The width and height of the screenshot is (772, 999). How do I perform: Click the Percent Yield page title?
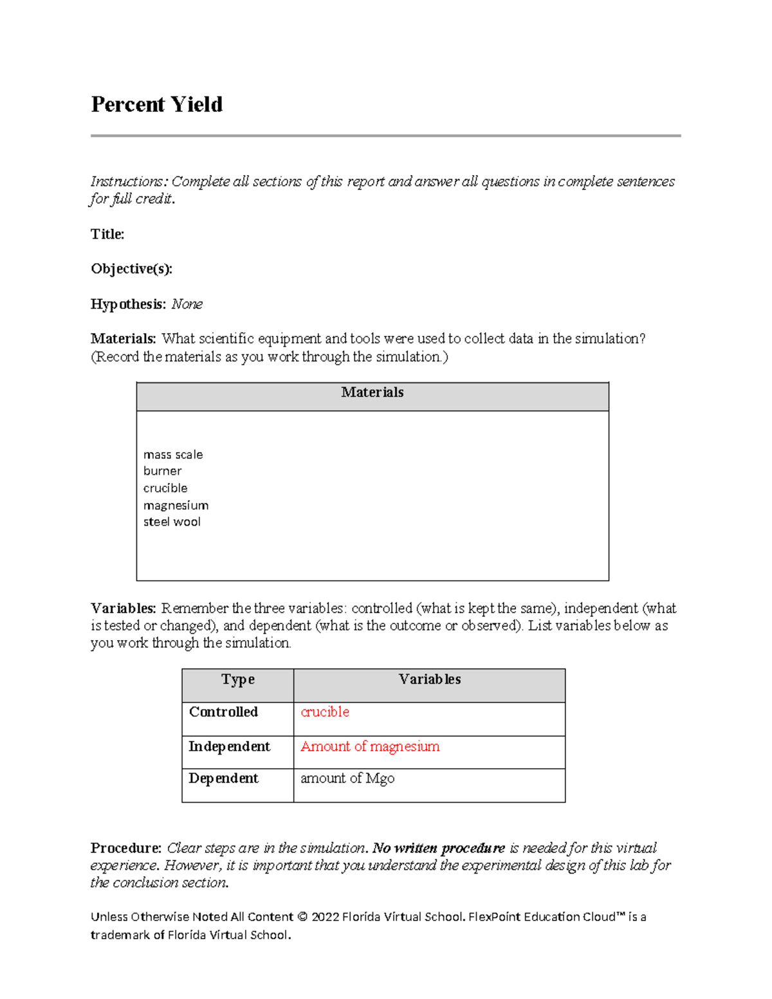coord(156,104)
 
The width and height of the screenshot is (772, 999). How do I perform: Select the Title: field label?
coord(107,234)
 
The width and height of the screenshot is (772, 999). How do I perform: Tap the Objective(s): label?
coord(131,269)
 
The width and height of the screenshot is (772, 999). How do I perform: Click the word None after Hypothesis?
coord(187,304)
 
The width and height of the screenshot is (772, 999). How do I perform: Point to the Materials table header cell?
coord(372,392)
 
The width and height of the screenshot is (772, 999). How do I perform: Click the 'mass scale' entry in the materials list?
coord(173,455)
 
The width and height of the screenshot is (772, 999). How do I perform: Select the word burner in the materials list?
coord(162,471)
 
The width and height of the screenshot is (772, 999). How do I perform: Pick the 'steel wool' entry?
coord(172,522)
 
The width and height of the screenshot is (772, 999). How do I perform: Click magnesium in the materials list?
coord(176,505)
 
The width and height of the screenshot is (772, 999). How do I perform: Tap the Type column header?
coord(237,680)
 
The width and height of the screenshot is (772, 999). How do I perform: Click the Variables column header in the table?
coord(429,680)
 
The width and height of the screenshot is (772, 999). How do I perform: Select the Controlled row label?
coord(223,712)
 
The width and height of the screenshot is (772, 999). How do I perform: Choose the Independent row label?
coord(229,746)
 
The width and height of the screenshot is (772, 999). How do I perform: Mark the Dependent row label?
coord(223,778)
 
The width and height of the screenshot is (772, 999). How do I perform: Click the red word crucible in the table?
coord(325,712)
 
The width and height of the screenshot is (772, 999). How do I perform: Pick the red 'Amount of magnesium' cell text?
coord(370,746)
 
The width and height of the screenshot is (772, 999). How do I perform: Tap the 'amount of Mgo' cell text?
coord(347,778)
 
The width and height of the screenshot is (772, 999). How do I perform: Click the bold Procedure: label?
coord(125,848)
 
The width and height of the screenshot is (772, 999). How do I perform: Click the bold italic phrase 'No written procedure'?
coord(439,848)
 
